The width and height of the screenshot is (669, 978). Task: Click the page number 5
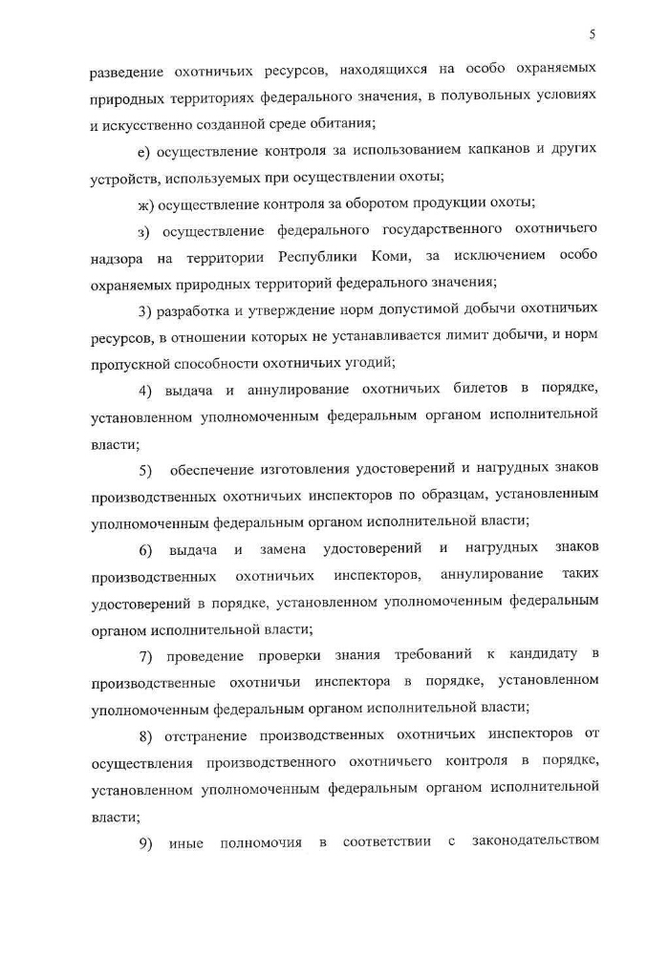593,35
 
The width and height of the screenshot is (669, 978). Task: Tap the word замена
283,548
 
